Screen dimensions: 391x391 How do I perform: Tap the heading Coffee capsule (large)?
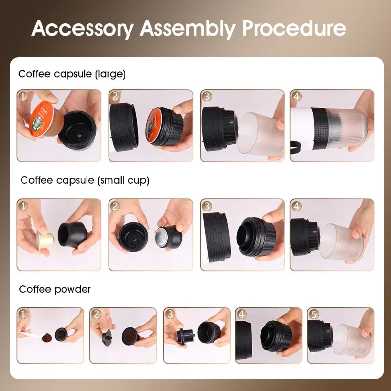point(72,74)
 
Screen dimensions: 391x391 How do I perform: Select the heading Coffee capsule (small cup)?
point(85,180)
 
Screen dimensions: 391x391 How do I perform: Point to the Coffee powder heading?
point(55,289)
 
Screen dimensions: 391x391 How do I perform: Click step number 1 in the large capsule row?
point(23,96)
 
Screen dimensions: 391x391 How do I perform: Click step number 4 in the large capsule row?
point(296,96)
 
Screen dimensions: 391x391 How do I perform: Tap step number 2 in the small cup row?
point(115,206)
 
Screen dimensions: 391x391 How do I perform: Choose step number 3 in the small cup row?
point(207,206)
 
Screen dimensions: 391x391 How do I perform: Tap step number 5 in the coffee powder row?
point(313,314)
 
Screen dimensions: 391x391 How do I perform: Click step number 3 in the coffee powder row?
point(170,314)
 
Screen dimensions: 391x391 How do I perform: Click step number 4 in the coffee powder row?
point(241,314)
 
